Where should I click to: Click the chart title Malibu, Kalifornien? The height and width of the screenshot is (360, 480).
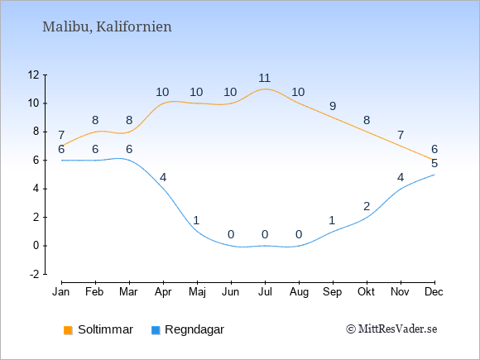107,27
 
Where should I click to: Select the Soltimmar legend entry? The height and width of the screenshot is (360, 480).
98,329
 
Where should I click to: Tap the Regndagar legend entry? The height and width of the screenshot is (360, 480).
188,329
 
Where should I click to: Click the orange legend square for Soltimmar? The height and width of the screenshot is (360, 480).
68,330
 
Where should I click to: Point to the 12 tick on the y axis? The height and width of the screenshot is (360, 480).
33,74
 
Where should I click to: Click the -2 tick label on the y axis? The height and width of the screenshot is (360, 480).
35,274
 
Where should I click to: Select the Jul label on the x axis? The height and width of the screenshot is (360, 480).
265,292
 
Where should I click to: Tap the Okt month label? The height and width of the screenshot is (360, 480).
366,292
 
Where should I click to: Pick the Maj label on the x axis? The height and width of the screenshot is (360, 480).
197,292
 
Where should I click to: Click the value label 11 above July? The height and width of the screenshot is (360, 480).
265,78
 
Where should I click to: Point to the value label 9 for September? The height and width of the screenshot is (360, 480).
333,106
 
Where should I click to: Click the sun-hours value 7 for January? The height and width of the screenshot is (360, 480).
61,135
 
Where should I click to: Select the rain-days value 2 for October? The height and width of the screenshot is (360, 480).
367,206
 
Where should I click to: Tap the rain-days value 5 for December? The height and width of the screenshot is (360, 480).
434,164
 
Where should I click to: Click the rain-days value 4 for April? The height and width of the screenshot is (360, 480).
163,178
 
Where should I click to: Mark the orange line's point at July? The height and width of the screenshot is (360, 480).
265,89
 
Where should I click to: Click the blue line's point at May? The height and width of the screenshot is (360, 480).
197,232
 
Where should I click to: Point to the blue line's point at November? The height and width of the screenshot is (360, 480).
401,189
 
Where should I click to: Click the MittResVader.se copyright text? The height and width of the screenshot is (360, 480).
391,329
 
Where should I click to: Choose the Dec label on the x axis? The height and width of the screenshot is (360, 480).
434,292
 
